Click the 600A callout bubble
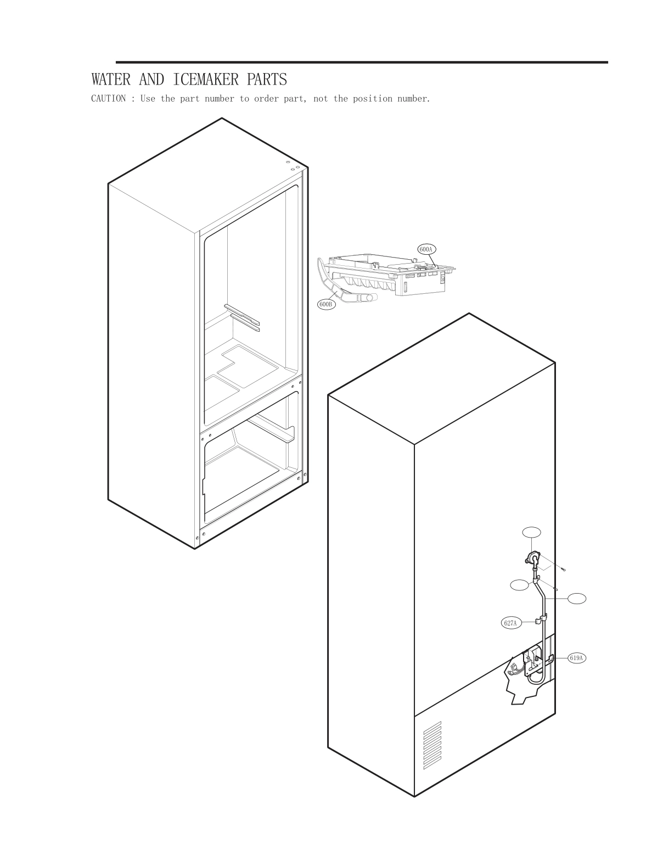tap(426, 249)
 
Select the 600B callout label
tap(326, 304)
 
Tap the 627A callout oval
tap(510, 623)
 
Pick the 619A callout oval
tap(576, 657)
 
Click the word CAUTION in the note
tap(108, 99)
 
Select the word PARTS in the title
tap(267, 80)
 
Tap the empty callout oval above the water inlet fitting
tap(531, 532)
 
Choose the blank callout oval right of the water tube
tap(576, 598)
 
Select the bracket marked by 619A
tap(551, 657)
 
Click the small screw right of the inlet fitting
tap(564, 569)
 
